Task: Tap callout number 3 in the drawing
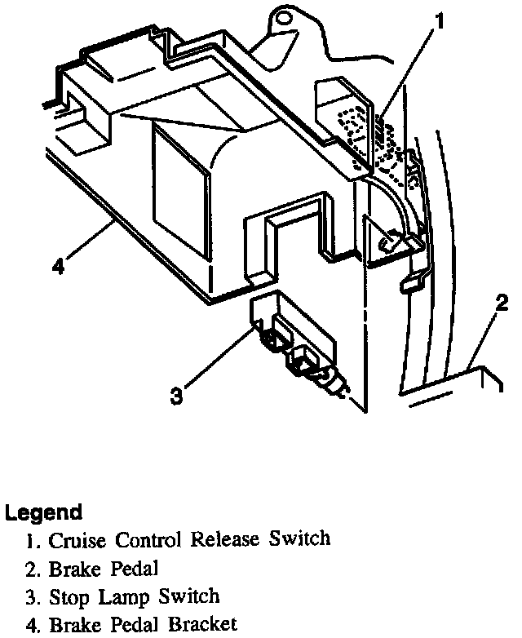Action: click(176, 397)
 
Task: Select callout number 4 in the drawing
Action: click(57, 265)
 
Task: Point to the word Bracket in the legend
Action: click(203, 626)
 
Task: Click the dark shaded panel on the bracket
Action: click(175, 175)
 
